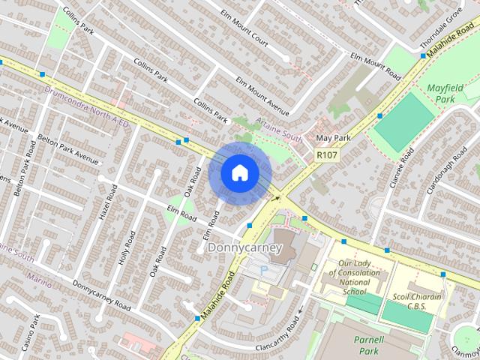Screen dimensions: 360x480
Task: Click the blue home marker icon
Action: click(238, 172)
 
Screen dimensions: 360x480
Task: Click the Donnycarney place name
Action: click(244, 247)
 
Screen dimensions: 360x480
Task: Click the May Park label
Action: click(334, 139)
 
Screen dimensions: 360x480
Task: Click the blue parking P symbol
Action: click(263, 268)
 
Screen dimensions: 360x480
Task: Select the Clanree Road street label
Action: click(400, 172)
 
